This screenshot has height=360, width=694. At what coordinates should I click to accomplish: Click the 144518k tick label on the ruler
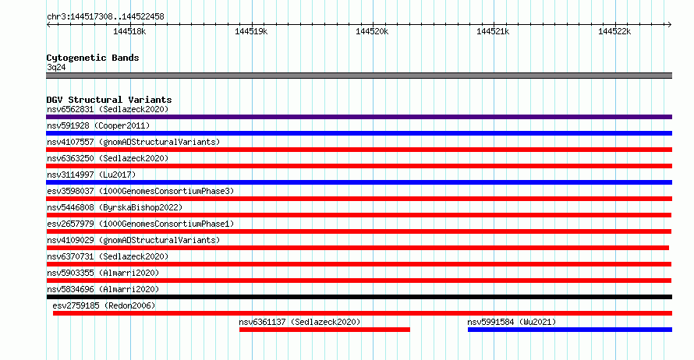(x=129, y=31)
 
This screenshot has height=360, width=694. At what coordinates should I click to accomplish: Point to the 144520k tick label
(x=372, y=31)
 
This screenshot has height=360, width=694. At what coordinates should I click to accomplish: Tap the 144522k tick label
(x=614, y=31)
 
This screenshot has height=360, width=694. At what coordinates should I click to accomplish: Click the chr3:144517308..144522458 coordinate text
(x=105, y=17)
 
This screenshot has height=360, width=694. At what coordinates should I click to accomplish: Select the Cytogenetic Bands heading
(x=93, y=58)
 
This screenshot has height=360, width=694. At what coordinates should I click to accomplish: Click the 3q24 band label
(x=56, y=67)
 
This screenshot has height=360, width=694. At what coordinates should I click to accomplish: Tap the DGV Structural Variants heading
(x=109, y=100)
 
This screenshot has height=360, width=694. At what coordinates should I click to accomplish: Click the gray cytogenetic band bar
(x=359, y=76)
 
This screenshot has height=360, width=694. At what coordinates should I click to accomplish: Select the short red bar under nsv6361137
(x=324, y=330)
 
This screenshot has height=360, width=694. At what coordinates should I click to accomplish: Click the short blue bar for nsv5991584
(x=570, y=330)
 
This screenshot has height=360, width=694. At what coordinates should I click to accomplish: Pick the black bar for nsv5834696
(x=359, y=297)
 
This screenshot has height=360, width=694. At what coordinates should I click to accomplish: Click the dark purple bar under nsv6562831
(x=359, y=117)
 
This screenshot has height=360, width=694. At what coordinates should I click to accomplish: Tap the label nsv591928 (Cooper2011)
(x=98, y=125)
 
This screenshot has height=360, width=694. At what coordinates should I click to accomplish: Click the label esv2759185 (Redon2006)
(x=104, y=305)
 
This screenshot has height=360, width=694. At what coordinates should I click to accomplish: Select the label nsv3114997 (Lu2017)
(x=91, y=175)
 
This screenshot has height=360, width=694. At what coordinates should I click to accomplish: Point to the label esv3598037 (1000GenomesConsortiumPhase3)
(x=140, y=191)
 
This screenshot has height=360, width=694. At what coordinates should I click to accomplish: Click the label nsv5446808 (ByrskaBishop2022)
(x=115, y=207)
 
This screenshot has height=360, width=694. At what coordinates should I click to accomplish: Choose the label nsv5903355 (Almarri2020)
(x=103, y=273)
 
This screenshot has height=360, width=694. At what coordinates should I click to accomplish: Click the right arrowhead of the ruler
(x=671, y=25)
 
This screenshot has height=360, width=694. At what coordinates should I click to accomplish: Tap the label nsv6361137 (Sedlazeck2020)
(x=299, y=322)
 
